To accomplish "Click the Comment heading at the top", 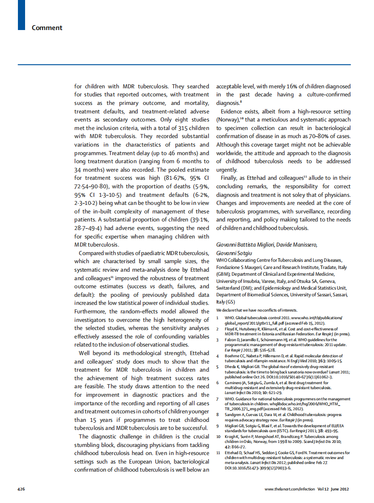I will tap(47, 28).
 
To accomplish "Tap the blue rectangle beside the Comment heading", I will tap(21, 15).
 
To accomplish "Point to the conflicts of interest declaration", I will tap(257, 310).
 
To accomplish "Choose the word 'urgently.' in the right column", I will tap(227, 170).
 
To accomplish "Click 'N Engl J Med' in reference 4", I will tap(306, 360).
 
